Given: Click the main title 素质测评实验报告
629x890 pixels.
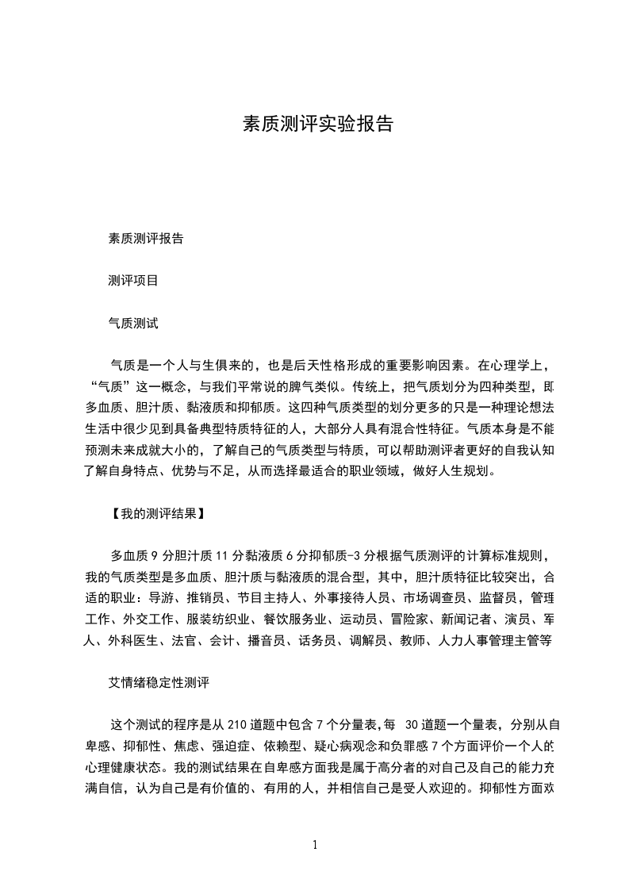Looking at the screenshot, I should [x=317, y=125].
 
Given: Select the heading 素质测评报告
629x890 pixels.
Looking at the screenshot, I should [x=146, y=238].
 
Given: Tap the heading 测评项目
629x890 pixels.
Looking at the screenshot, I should [x=133, y=281].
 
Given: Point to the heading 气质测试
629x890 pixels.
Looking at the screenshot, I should [x=133, y=324].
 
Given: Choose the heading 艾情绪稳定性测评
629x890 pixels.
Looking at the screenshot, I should [x=159, y=681].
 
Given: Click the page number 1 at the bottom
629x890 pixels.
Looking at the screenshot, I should [x=316, y=844].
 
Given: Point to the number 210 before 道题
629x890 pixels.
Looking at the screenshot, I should [x=237, y=724].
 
